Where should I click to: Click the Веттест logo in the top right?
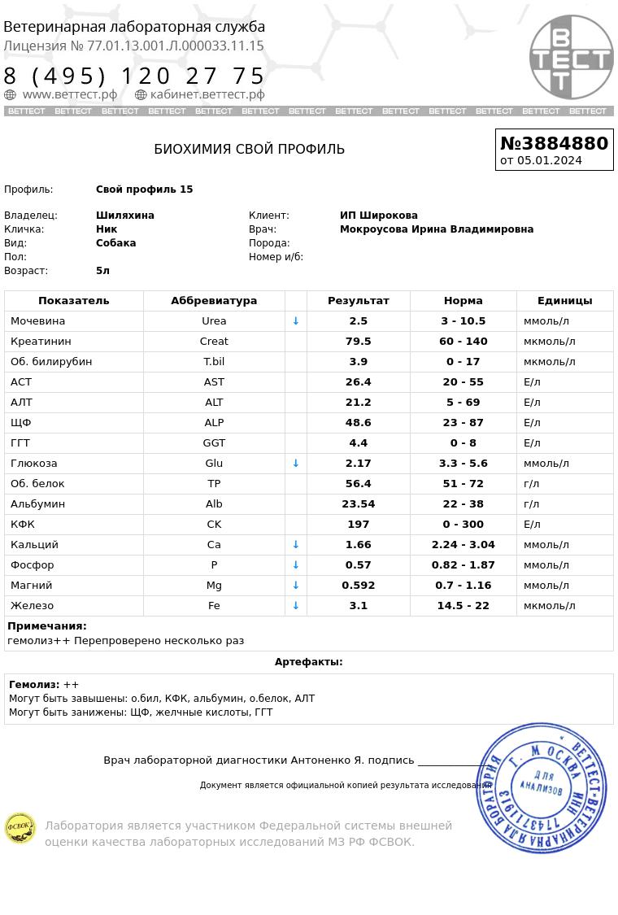click(571, 57)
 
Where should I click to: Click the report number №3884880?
click(554, 143)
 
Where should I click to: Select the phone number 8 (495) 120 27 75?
click(134, 76)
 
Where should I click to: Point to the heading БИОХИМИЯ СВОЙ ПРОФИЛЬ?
click(249, 149)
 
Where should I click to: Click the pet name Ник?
click(107, 229)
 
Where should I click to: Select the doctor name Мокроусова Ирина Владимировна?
click(436, 229)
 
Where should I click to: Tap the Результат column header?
click(358, 301)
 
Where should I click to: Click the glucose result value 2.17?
click(358, 464)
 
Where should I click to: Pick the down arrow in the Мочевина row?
click(296, 321)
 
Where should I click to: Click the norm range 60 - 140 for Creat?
click(463, 342)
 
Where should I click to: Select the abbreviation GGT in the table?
click(214, 443)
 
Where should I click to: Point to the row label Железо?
click(32, 606)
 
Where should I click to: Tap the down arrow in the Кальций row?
click(296, 545)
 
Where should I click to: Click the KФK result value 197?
click(358, 525)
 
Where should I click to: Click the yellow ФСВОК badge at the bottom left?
click(20, 828)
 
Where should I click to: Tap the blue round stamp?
click(541, 787)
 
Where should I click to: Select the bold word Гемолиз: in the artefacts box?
click(34, 685)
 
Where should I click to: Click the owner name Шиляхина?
click(124, 216)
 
